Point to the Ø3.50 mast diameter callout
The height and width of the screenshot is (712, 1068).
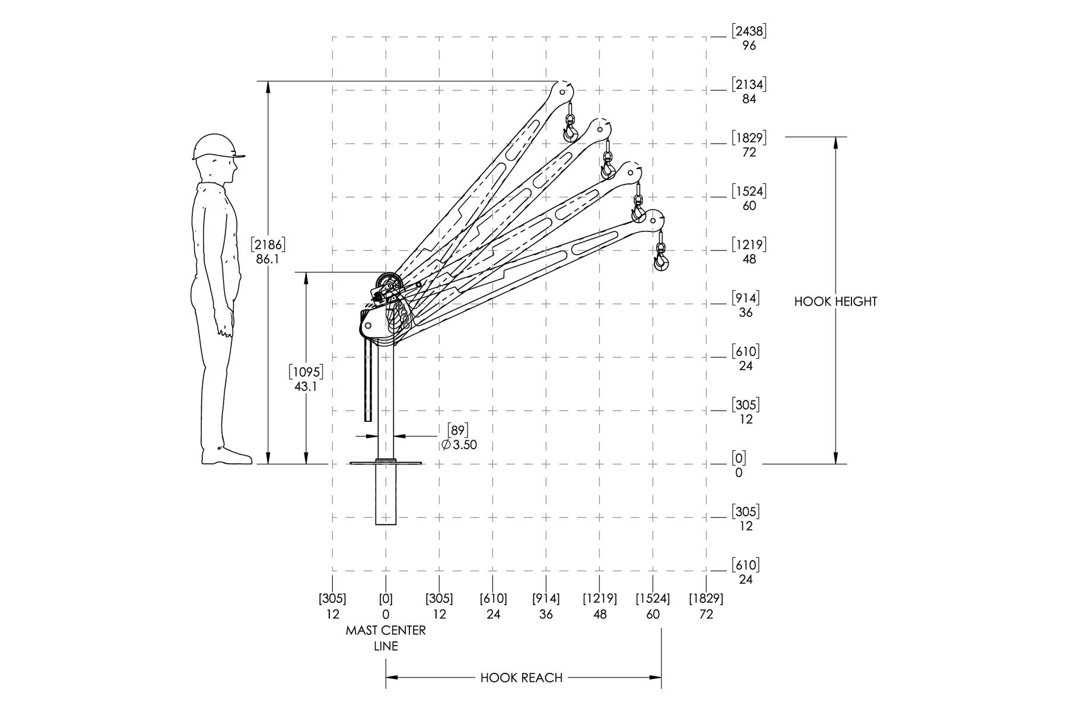459,444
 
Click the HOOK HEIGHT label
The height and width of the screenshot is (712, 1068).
835,301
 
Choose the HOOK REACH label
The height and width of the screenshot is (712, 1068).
522,678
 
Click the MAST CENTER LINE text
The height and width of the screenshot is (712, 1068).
386,638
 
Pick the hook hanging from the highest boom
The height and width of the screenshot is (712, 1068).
570,128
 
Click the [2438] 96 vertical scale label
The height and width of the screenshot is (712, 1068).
749,37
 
